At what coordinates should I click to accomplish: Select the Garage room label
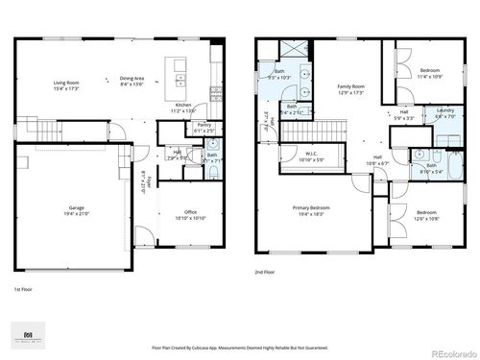coord(77,210)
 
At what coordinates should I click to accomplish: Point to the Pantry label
coord(204,126)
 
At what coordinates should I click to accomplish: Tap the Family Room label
coord(349,88)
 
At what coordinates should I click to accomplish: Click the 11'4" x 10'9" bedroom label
coord(429,73)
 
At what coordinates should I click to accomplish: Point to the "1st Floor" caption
coord(24,288)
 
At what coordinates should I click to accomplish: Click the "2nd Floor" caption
coord(265,273)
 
